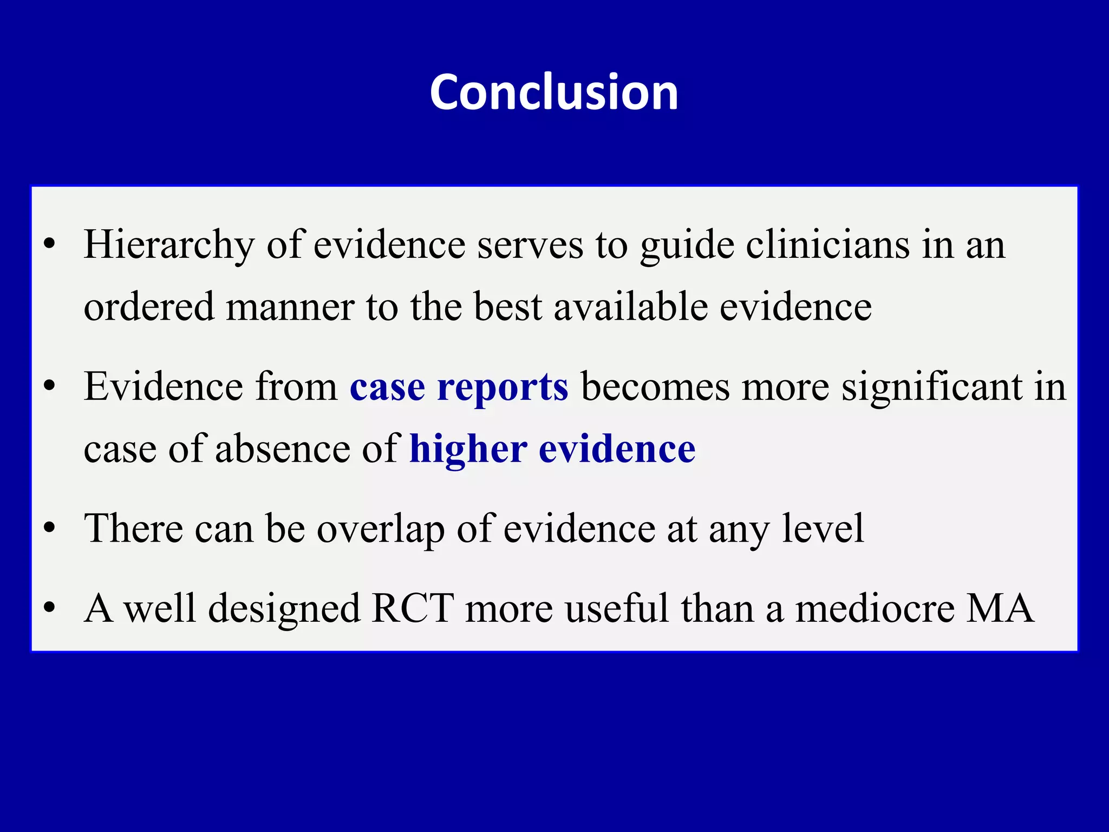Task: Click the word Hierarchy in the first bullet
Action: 169,245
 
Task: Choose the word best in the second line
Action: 507,307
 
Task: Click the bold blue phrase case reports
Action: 459,387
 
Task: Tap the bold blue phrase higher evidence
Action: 552,449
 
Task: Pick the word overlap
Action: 380,529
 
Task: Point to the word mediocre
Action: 874,608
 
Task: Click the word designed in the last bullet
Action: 284,608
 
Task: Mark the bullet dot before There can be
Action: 50,528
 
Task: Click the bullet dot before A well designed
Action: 50,608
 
